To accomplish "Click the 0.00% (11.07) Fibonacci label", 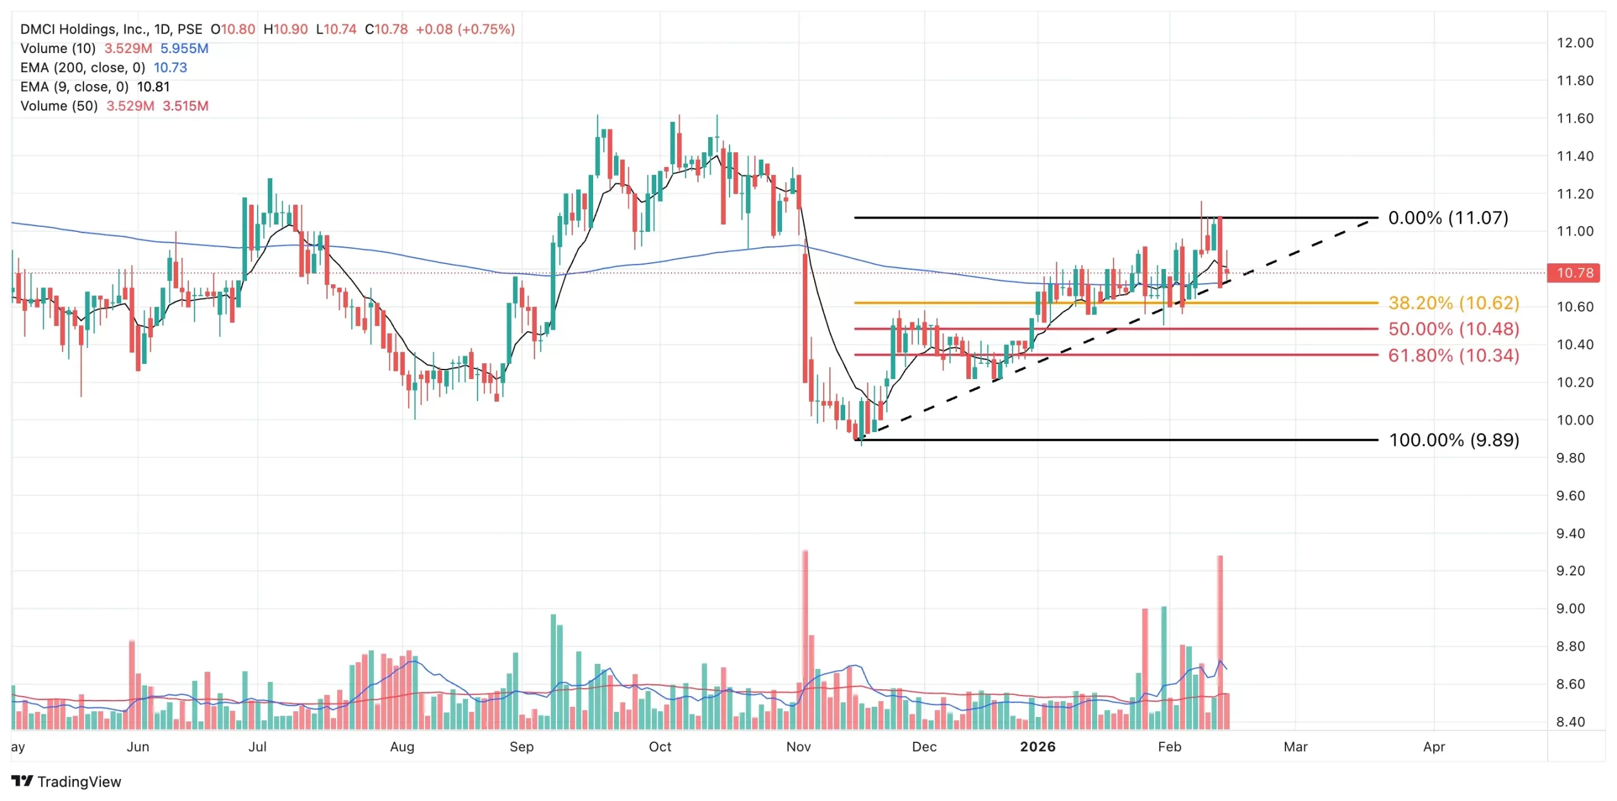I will [1448, 218].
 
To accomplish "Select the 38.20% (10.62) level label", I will [1453, 303].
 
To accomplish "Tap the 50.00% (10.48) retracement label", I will [1453, 329].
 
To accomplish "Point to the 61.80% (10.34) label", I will [1453, 356].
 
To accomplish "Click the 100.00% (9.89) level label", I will [1453, 440].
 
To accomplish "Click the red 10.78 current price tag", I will [1575, 273].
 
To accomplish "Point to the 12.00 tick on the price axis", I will [1575, 43].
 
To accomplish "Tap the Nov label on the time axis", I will [798, 747].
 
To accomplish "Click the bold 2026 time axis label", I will [1038, 747].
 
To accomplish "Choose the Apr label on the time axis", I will [1434, 747].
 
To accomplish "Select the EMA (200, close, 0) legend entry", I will [82, 68].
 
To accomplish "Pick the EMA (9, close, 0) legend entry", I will [74, 87].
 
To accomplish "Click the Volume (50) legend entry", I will [59, 106].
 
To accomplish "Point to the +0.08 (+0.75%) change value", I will [465, 29].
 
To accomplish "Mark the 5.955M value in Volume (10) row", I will [184, 49].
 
